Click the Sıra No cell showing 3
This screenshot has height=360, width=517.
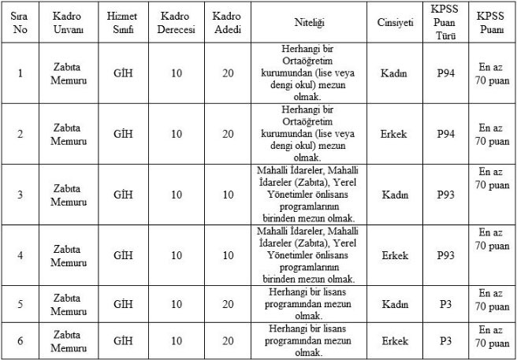(x=20, y=195)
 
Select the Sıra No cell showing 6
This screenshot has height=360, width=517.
(x=20, y=340)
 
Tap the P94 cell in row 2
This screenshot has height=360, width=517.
(x=446, y=134)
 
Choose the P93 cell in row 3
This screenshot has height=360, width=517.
(x=446, y=195)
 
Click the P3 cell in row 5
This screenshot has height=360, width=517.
(x=446, y=304)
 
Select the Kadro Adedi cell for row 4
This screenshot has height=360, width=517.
(x=228, y=255)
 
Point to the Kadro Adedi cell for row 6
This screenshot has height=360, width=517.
(x=228, y=340)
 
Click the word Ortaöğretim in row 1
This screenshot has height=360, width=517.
(x=305, y=61)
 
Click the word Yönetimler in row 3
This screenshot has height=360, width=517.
(x=285, y=194)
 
